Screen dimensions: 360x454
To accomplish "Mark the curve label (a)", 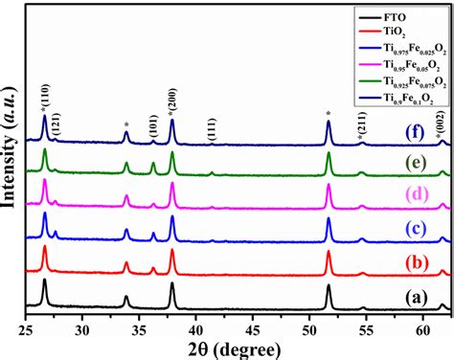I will pyautogui.click(x=414, y=296).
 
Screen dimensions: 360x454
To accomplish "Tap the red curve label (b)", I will pyautogui.click(x=414, y=263).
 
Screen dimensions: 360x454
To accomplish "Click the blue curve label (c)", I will pyautogui.click(x=414, y=228).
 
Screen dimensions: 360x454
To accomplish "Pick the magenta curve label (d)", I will pyautogui.click(x=414, y=195).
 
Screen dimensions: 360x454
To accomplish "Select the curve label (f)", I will pyautogui.click(x=414, y=127).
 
